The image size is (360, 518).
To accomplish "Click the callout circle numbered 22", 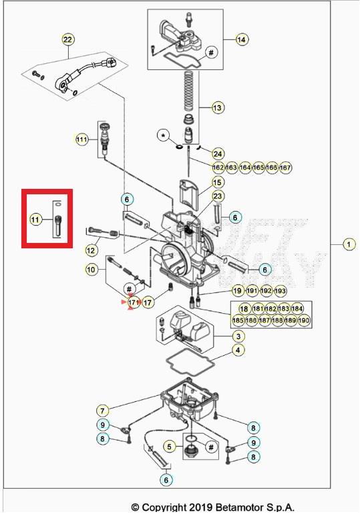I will tap(67, 40).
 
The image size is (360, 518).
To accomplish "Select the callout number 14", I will tap(241, 39).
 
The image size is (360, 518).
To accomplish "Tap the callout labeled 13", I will tap(218, 107).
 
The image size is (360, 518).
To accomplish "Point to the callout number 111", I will tap(81, 140).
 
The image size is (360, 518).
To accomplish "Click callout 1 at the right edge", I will tap(349, 244).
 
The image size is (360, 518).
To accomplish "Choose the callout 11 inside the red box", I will tap(35, 218).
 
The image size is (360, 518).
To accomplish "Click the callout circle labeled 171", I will tap(133, 302).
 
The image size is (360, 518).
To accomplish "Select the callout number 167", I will tap(285, 167).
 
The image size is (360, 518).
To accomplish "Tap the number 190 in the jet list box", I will tap(304, 320).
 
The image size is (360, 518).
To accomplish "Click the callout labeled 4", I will tap(237, 350).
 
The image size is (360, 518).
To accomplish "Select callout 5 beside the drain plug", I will tap(170, 447).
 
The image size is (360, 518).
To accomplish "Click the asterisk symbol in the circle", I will tap(162, 136).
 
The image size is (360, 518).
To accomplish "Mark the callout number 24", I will tap(218, 154).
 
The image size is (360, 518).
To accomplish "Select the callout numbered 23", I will tap(218, 196).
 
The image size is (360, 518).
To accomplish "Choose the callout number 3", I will tap(237, 336).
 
